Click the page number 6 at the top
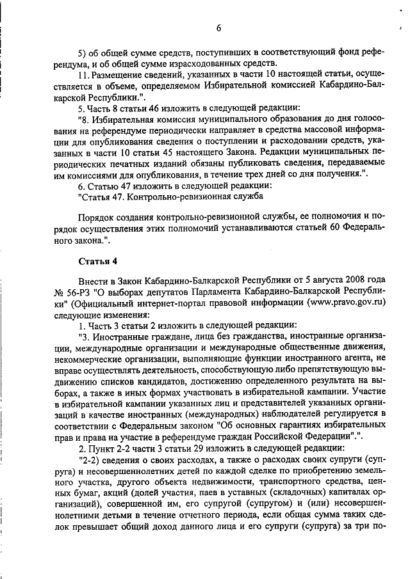click(218, 28)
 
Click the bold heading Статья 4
click(97, 261)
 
